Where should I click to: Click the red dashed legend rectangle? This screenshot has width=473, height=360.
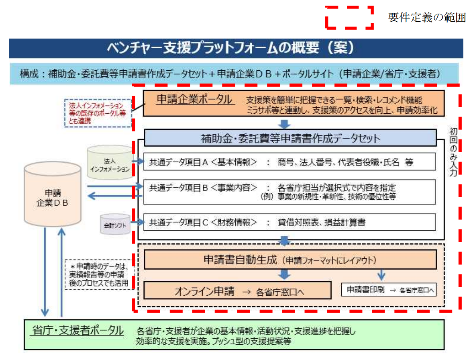[x=349, y=17]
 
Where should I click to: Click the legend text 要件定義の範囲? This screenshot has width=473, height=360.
[x=427, y=18]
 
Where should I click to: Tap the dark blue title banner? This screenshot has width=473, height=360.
[x=236, y=48]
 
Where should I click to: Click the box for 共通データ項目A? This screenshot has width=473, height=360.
[x=287, y=162]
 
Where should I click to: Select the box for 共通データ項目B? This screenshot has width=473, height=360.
[x=287, y=192]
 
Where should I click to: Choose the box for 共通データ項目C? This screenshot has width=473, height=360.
[x=287, y=222]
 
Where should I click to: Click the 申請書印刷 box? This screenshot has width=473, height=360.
[x=389, y=289]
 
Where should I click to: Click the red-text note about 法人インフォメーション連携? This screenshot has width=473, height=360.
[x=98, y=113]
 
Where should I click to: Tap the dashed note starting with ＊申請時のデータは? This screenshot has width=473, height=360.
[x=99, y=274]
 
